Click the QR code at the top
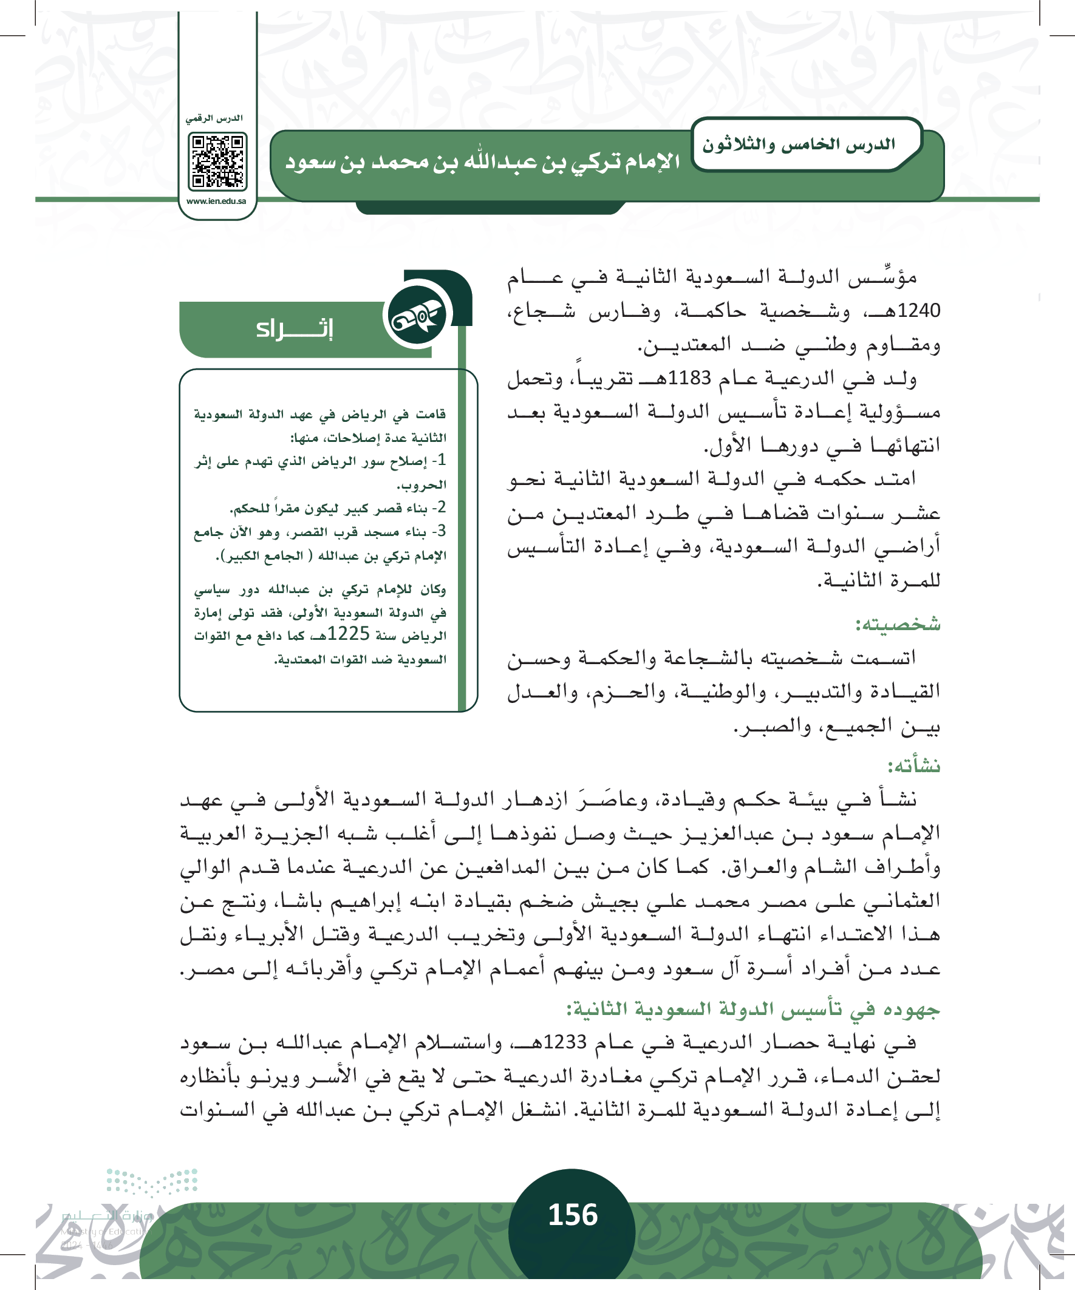point(217,161)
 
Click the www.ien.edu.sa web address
point(216,201)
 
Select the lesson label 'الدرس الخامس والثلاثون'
point(799,145)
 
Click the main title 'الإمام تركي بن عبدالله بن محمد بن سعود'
point(482,162)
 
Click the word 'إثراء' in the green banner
point(295,328)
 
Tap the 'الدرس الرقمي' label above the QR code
point(214,118)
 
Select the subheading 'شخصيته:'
point(898,625)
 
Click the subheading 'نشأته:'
point(913,766)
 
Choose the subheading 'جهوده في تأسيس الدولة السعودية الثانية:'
point(753,1010)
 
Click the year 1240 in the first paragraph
point(919,311)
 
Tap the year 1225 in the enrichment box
point(349,633)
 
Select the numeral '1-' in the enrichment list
point(439,460)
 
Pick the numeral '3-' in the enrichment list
point(439,531)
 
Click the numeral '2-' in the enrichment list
point(439,508)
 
